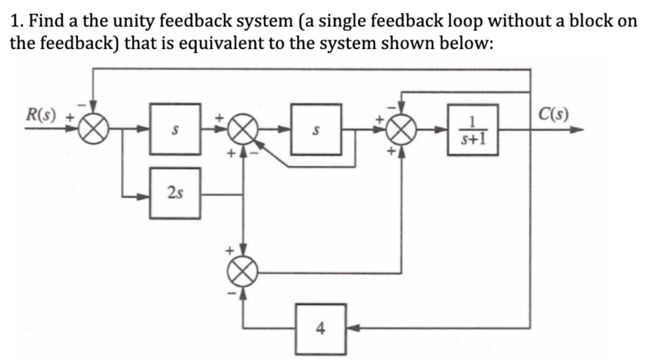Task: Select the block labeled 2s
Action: (x=175, y=193)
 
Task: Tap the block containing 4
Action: (x=321, y=329)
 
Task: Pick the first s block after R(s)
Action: (x=175, y=129)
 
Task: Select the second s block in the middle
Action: (x=316, y=129)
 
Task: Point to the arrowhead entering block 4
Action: (x=352, y=329)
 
